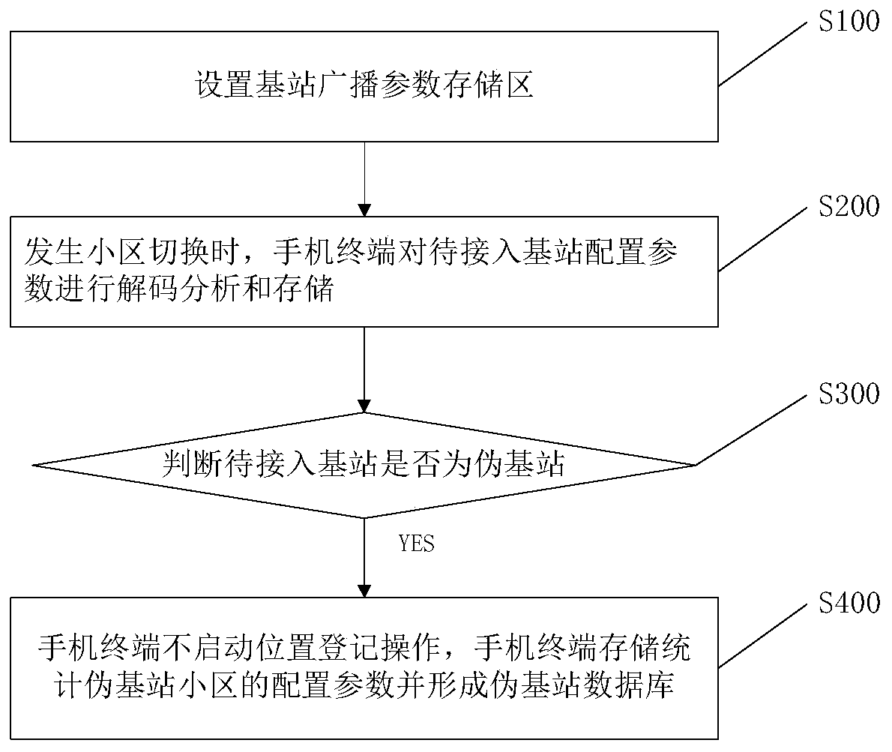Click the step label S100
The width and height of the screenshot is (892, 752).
pos(849,22)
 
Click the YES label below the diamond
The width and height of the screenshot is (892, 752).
pos(417,544)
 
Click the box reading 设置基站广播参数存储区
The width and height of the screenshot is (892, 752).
pos(364,86)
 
